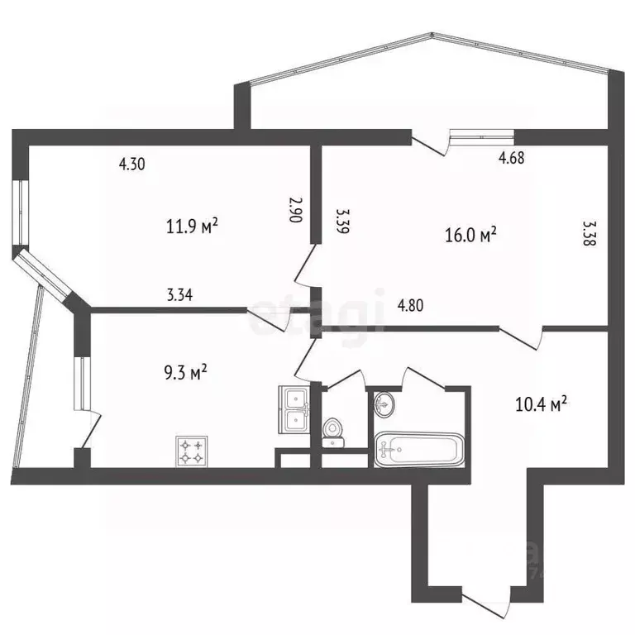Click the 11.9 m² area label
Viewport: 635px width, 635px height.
point(192,226)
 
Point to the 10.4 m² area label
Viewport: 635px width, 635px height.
point(541,404)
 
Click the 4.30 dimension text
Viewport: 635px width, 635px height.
point(132,164)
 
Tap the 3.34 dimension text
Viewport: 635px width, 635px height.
point(179,295)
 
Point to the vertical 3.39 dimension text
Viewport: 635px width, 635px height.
point(340,222)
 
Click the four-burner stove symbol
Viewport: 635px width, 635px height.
point(191,451)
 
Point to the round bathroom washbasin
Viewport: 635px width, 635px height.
point(385,404)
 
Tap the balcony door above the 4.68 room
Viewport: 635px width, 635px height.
point(431,144)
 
